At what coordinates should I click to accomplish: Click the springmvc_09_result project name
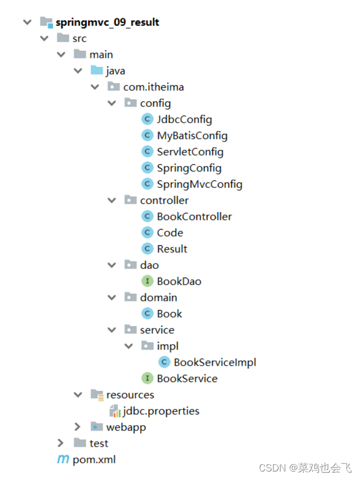(x=107, y=22)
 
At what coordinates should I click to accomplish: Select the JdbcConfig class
(x=184, y=119)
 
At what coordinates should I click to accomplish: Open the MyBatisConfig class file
(x=192, y=136)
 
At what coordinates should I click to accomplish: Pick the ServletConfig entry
(x=190, y=152)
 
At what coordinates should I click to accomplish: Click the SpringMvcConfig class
(x=199, y=184)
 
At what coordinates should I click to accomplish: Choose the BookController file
(x=194, y=217)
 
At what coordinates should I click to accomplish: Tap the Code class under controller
(x=170, y=233)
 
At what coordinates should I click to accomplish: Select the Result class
(x=172, y=249)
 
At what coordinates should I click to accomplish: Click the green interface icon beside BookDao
(x=147, y=281)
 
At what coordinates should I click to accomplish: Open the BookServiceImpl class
(x=215, y=362)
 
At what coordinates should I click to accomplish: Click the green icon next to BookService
(x=147, y=379)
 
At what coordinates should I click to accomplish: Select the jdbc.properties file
(x=161, y=411)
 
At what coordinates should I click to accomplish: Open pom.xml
(x=94, y=460)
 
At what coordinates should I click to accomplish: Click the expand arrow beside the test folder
(x=61, y=443)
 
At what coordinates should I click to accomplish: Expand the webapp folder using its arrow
(x=78, y=427)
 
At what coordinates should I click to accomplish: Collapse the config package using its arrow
(x=112, y=103)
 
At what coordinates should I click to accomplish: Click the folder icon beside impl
(x=147, y=346)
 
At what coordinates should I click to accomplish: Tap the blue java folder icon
(x=97, y=71)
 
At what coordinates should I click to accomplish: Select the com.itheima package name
(x=154, y=87)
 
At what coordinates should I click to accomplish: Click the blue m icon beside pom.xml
(x=63, y=460)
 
